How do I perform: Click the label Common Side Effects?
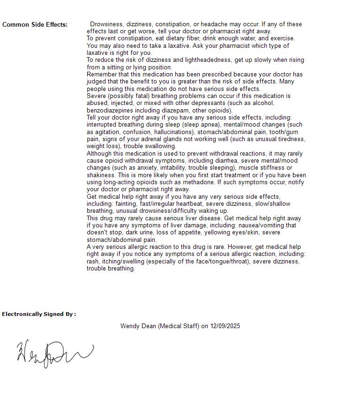coord(35,25)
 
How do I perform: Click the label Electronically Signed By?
coord(38,314)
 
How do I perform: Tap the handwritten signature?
coord(55,354)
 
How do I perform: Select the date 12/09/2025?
coord(225,326)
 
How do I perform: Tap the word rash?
coord(93,262)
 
